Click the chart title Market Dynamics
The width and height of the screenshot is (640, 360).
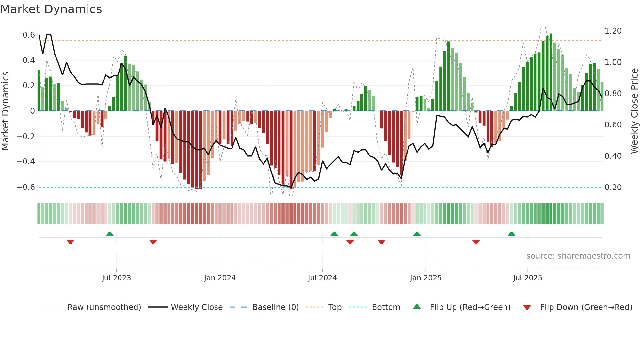[51, 9]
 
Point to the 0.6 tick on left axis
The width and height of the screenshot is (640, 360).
[29, 35]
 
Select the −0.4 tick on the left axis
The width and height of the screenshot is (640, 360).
[26, 162]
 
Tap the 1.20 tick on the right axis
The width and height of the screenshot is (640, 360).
[613, 31]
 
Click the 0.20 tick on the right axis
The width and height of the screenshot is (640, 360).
[613, 188]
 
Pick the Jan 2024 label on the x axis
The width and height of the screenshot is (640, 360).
[220, 278]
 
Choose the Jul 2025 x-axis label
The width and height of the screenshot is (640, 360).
[527, 278]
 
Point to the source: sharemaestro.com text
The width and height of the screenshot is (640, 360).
[578, 256]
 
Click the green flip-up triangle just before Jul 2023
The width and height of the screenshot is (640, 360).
[110, 234]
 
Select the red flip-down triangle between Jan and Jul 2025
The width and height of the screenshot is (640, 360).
[476, 242]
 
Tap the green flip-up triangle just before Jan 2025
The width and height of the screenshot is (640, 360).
[417, 234]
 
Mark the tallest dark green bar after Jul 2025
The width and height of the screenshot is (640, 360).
[551, 72]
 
